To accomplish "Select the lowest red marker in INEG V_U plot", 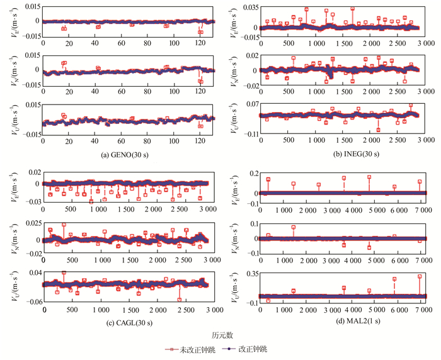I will click(x=378, y=130).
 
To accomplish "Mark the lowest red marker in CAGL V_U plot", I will click(x=180, y=300).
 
